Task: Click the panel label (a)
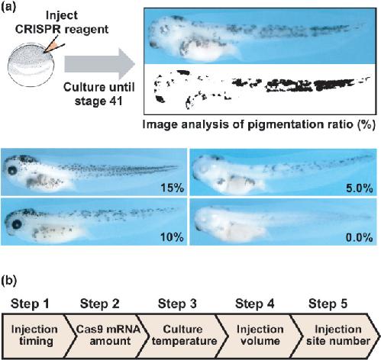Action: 8,6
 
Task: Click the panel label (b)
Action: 9,281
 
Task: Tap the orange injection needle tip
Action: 45,53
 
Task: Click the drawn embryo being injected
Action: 31,65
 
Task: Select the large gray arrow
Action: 99,64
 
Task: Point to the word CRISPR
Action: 38,29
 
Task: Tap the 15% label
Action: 172,188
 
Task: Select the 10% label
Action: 172,237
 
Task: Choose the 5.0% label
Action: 360,188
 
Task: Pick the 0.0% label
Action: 360,237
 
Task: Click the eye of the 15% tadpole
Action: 12,170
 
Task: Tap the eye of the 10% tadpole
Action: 17,224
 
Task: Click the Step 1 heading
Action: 30,304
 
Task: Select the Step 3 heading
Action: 177,304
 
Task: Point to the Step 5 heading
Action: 328,304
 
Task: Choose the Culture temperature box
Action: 182,336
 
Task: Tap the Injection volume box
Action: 260,336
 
